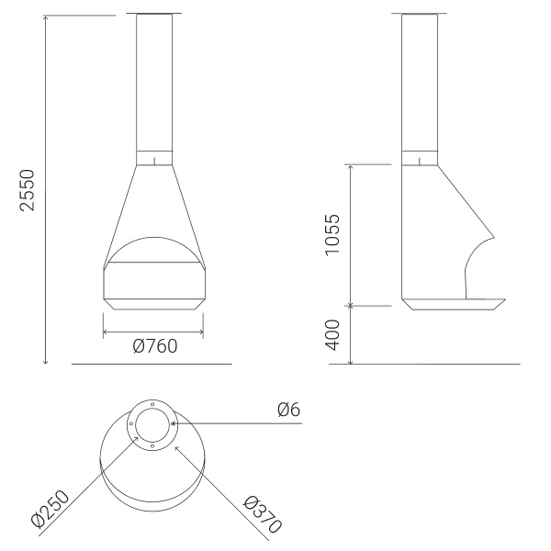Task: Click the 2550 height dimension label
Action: tap(28, 190)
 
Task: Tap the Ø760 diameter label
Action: tap(155, 346)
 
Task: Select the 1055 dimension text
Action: tap(332, 235)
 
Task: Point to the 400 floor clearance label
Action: tap(332, 335)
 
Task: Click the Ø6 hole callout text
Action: tap(289, 410)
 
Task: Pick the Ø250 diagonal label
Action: tap(51, 510)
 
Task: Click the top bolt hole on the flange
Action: tap(152, 404)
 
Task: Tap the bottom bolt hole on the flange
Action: tap(152, 446)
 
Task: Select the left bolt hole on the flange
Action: tap(131, 423)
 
